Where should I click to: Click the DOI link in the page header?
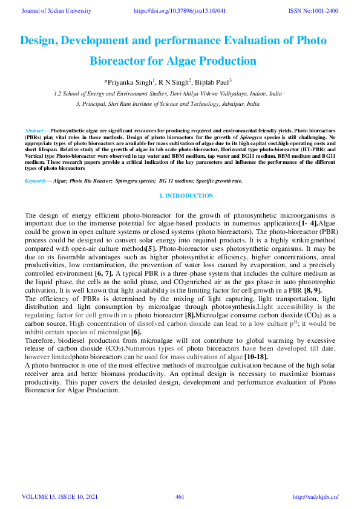(x=179, y=11)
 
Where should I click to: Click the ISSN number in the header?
(x=313, y=11)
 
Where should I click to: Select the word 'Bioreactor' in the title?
(x=119, y=61)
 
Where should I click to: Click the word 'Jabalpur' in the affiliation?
(x=231, y=104)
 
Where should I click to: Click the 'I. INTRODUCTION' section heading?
(x=186, y=195)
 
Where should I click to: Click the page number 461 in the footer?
(x=180, y=497)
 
